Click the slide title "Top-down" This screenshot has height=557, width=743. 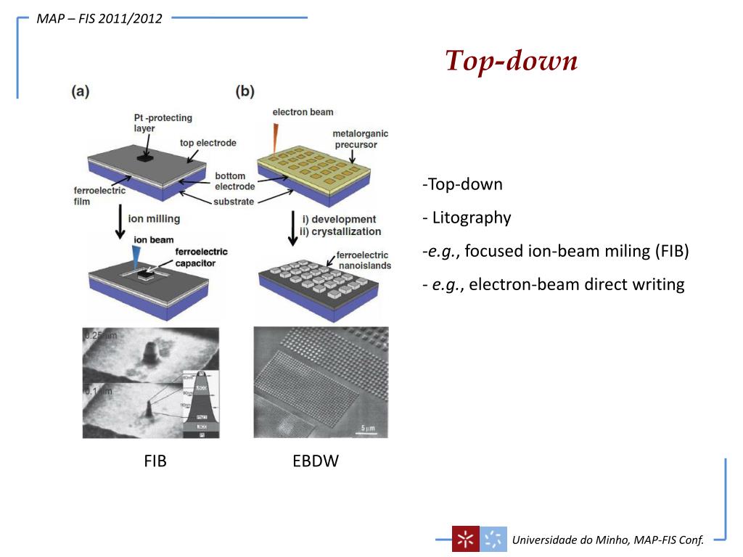tap(511, 61)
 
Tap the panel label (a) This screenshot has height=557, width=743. tap(80, 91)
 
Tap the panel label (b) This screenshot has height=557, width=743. tap(245, 91)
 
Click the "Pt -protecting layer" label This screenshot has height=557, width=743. tap(154, 122)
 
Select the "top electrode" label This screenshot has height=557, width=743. tap(208, 143)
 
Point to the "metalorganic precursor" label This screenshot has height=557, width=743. tap(361, 139)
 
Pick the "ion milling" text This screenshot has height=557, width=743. tap(154, 218)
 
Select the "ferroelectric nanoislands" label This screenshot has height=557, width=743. tap(363, 260)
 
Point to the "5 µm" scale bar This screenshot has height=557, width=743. tap(367, 427)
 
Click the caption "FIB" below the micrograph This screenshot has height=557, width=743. tap(155, 461)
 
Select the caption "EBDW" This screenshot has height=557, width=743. tap(316, 461)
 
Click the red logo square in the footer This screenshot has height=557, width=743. tap(464, 539)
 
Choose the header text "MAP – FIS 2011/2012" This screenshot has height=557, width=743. tap(99, 18)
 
